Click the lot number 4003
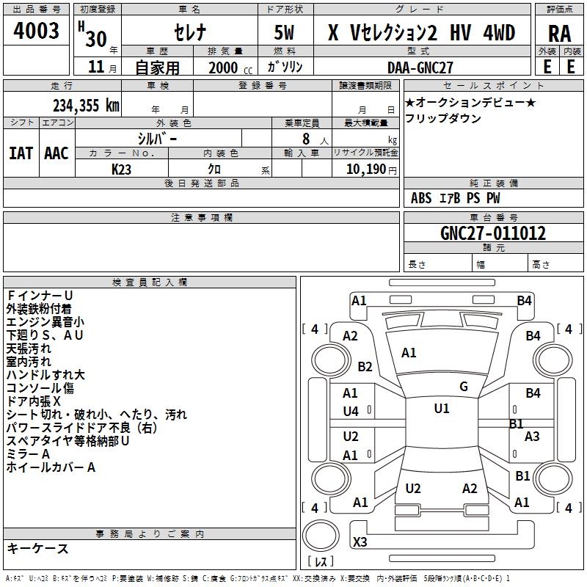36,31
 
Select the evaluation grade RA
559,33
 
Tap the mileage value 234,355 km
86,105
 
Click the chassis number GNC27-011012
493,233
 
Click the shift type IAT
21,153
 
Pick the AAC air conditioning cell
56,153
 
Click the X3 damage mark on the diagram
360,542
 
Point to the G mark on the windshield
464,387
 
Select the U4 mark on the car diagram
351,411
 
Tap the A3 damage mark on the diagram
532,437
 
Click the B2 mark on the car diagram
365,367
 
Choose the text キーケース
37,548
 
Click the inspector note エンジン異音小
45,321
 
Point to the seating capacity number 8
305,138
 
